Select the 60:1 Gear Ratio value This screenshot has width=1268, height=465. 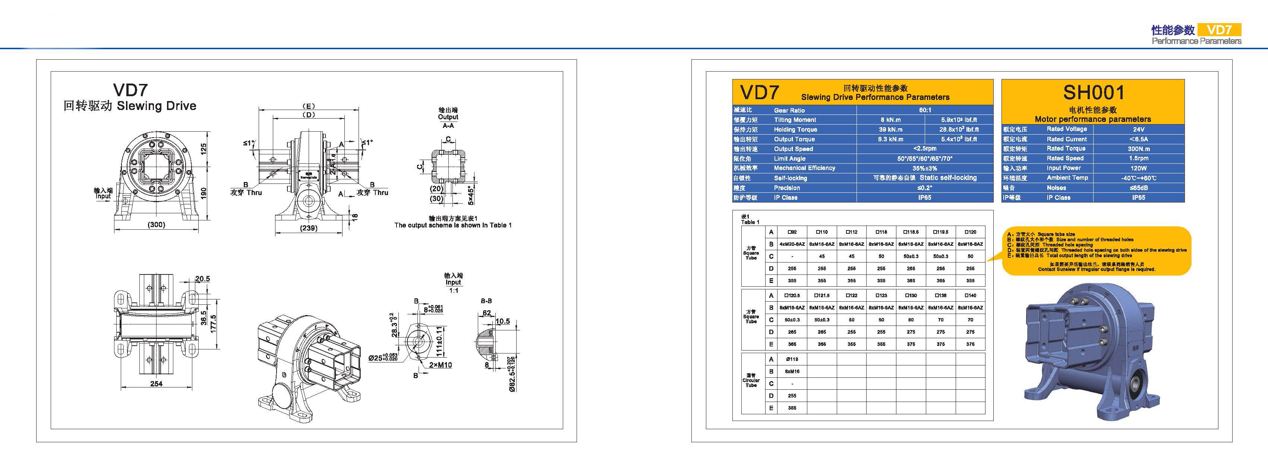tap(925, 110)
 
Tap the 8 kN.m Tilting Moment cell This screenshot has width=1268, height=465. tap(890, 120)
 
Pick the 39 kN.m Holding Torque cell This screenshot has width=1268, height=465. tap(890, 129)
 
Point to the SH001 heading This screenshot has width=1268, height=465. tap(1093, 92)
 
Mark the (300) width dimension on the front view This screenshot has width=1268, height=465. tap(157, 224)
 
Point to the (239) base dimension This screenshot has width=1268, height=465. tap(309, 228)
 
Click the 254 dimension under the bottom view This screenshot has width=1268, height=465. tap(156, 383)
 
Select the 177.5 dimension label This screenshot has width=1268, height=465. tap(213, 324)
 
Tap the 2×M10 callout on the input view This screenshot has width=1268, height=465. tap(440, 365)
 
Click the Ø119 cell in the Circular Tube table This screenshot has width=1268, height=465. tap(792, 359)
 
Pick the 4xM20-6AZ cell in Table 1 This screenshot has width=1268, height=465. tap(792, 244)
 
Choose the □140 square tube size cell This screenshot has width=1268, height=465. tap(970, 296)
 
